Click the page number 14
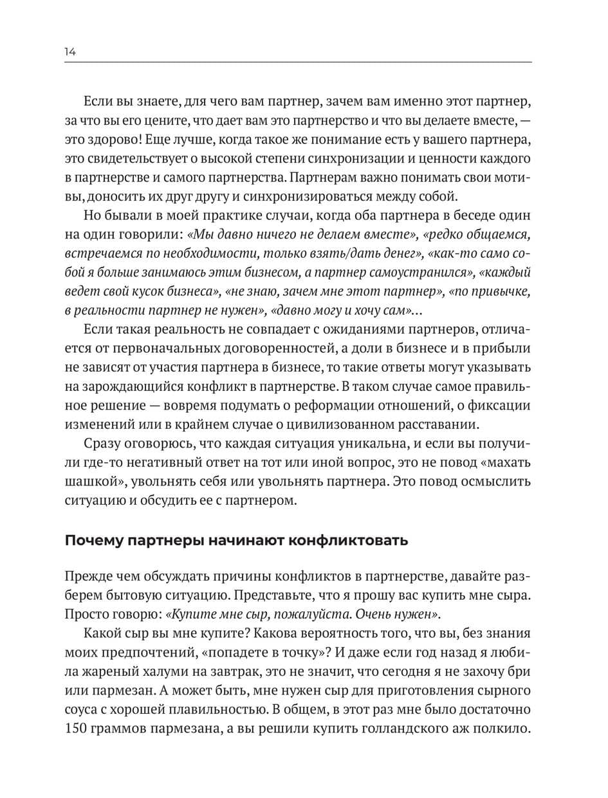click(70, 52)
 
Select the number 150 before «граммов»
click(77, 729)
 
